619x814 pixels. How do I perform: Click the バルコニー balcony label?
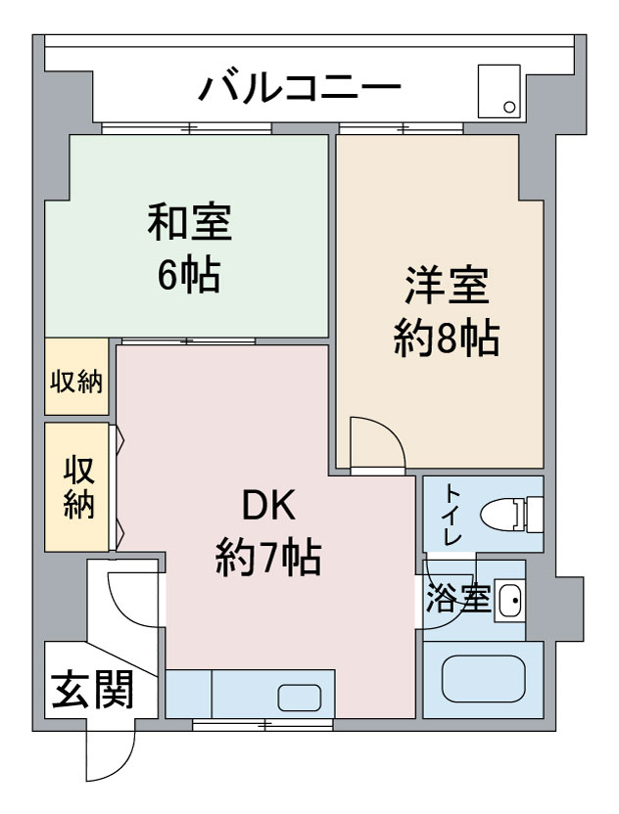click(300, 87)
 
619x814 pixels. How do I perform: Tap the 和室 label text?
click(190, 223)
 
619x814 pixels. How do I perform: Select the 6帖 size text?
click(189, 275)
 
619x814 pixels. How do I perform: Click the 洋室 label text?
click(447, 285)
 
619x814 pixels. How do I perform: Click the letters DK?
click(268, 505)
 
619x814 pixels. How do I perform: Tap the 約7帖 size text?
click(268, 557)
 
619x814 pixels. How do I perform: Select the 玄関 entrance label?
click(93, 691)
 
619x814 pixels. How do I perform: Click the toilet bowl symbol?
click(512, 515)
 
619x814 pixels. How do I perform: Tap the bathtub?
click(483, 679)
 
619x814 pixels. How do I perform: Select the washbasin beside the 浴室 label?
click(509, 600)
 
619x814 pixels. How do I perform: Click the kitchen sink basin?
click(300, 698)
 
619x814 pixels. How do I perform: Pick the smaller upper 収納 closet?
click(76, 377)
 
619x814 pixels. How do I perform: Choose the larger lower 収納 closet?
click(77, 487)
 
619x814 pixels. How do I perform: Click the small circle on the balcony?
click(509, 108)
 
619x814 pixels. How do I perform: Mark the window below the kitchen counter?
click(263, 724)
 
